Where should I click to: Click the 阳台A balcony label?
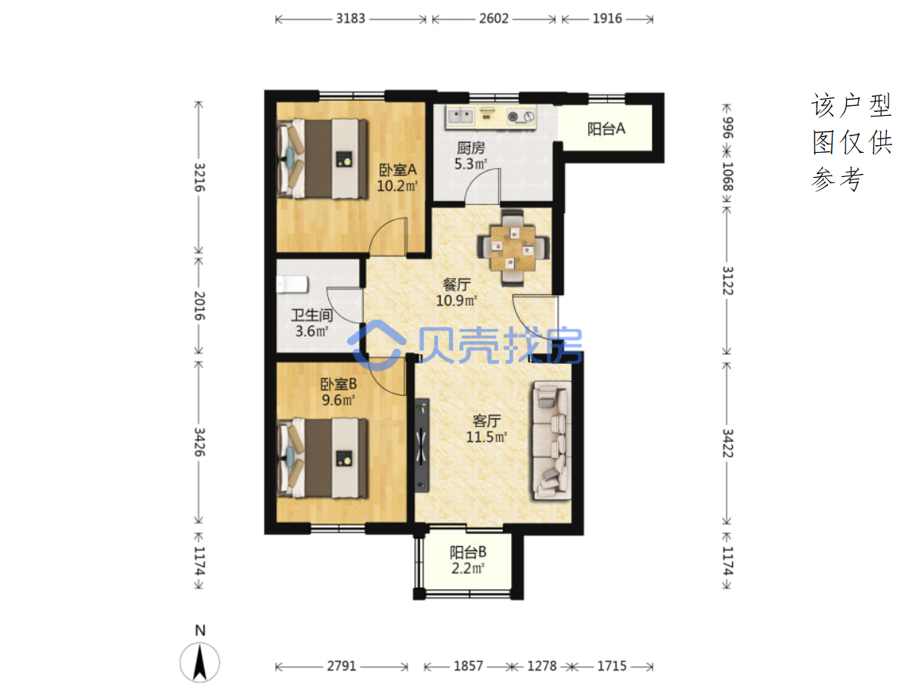point(606,129)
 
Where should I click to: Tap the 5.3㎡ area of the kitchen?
point(470,163)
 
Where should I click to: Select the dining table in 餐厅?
point(513,248)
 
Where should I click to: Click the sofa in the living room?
point(551,440)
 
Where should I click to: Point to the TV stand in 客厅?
point(421,446)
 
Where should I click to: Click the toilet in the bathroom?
point(293,284)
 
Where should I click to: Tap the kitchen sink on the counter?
point(460,116)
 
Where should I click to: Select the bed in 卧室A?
point(323,159)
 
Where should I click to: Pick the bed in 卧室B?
point(323,458)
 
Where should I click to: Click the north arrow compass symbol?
point(200,662)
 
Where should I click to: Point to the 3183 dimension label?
point(350,19)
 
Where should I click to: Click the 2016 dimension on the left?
point(200,306)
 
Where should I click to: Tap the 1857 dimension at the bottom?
point(468,666)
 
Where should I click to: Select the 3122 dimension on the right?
point(727,281)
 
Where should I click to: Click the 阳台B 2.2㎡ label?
point(468,560)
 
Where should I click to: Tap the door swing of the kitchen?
point(482,186)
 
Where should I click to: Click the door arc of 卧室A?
point(388,235)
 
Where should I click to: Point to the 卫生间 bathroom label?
point(312,316)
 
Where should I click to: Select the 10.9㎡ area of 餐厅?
point(456,300)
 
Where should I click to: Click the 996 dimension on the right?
point(727,128)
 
